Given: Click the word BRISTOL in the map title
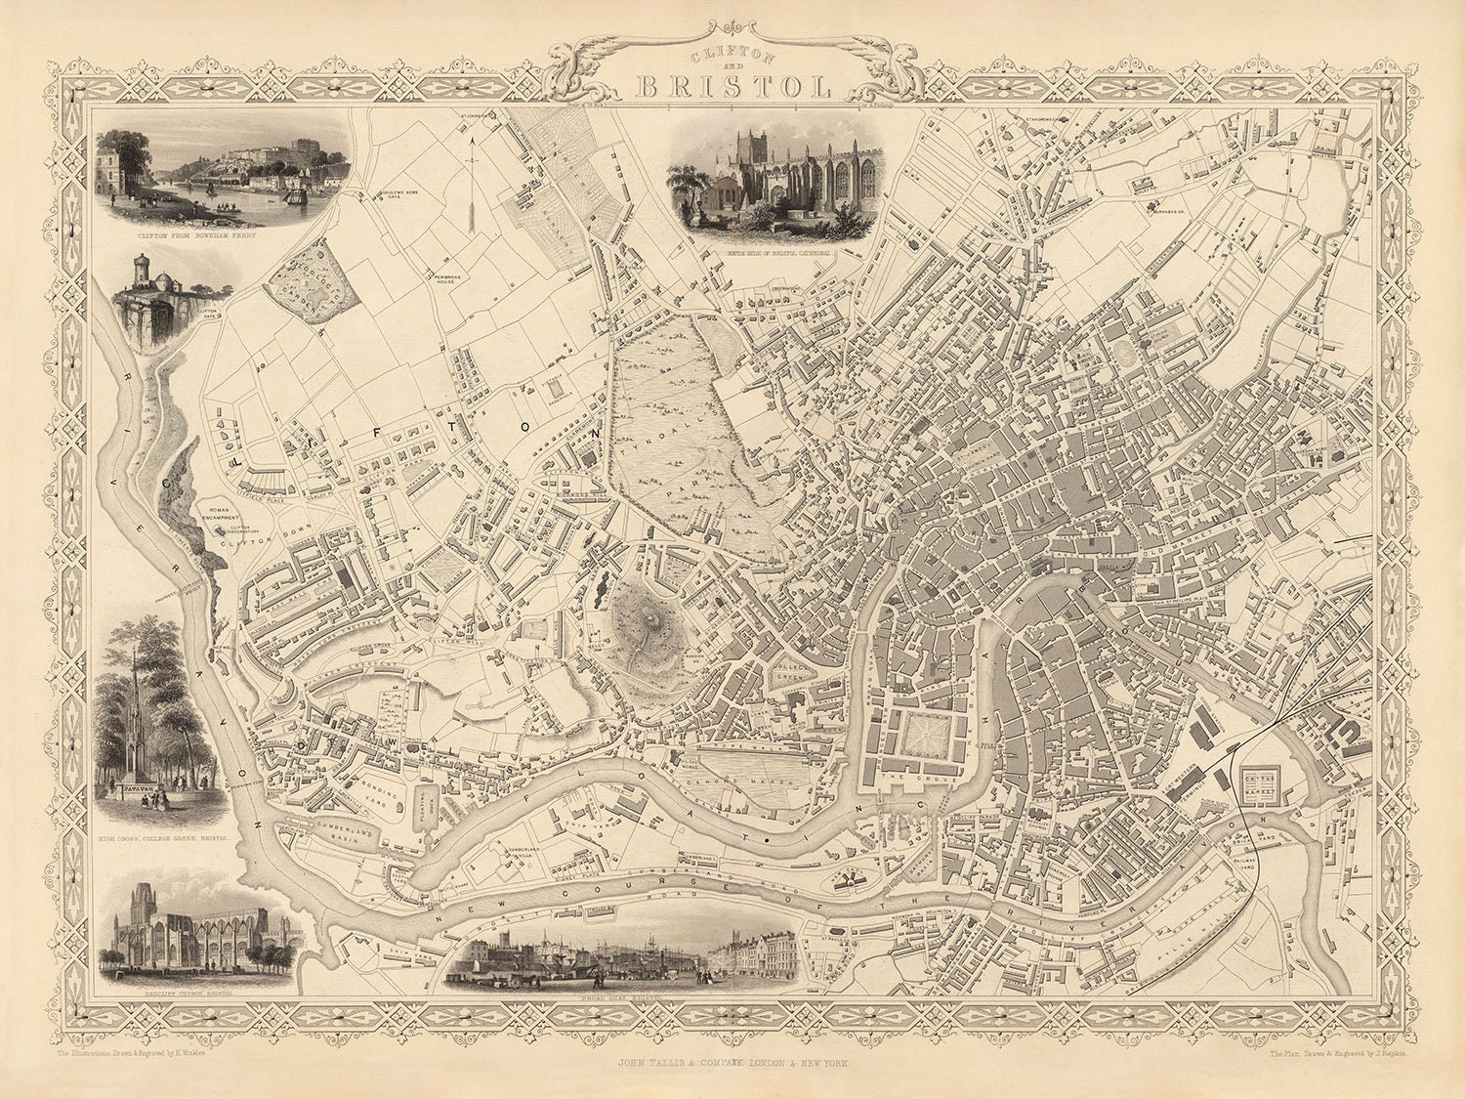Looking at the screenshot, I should (732, 86).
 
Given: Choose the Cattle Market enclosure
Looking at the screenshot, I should (1257, 782).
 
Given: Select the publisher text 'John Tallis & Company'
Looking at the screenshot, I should (732, 1059).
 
